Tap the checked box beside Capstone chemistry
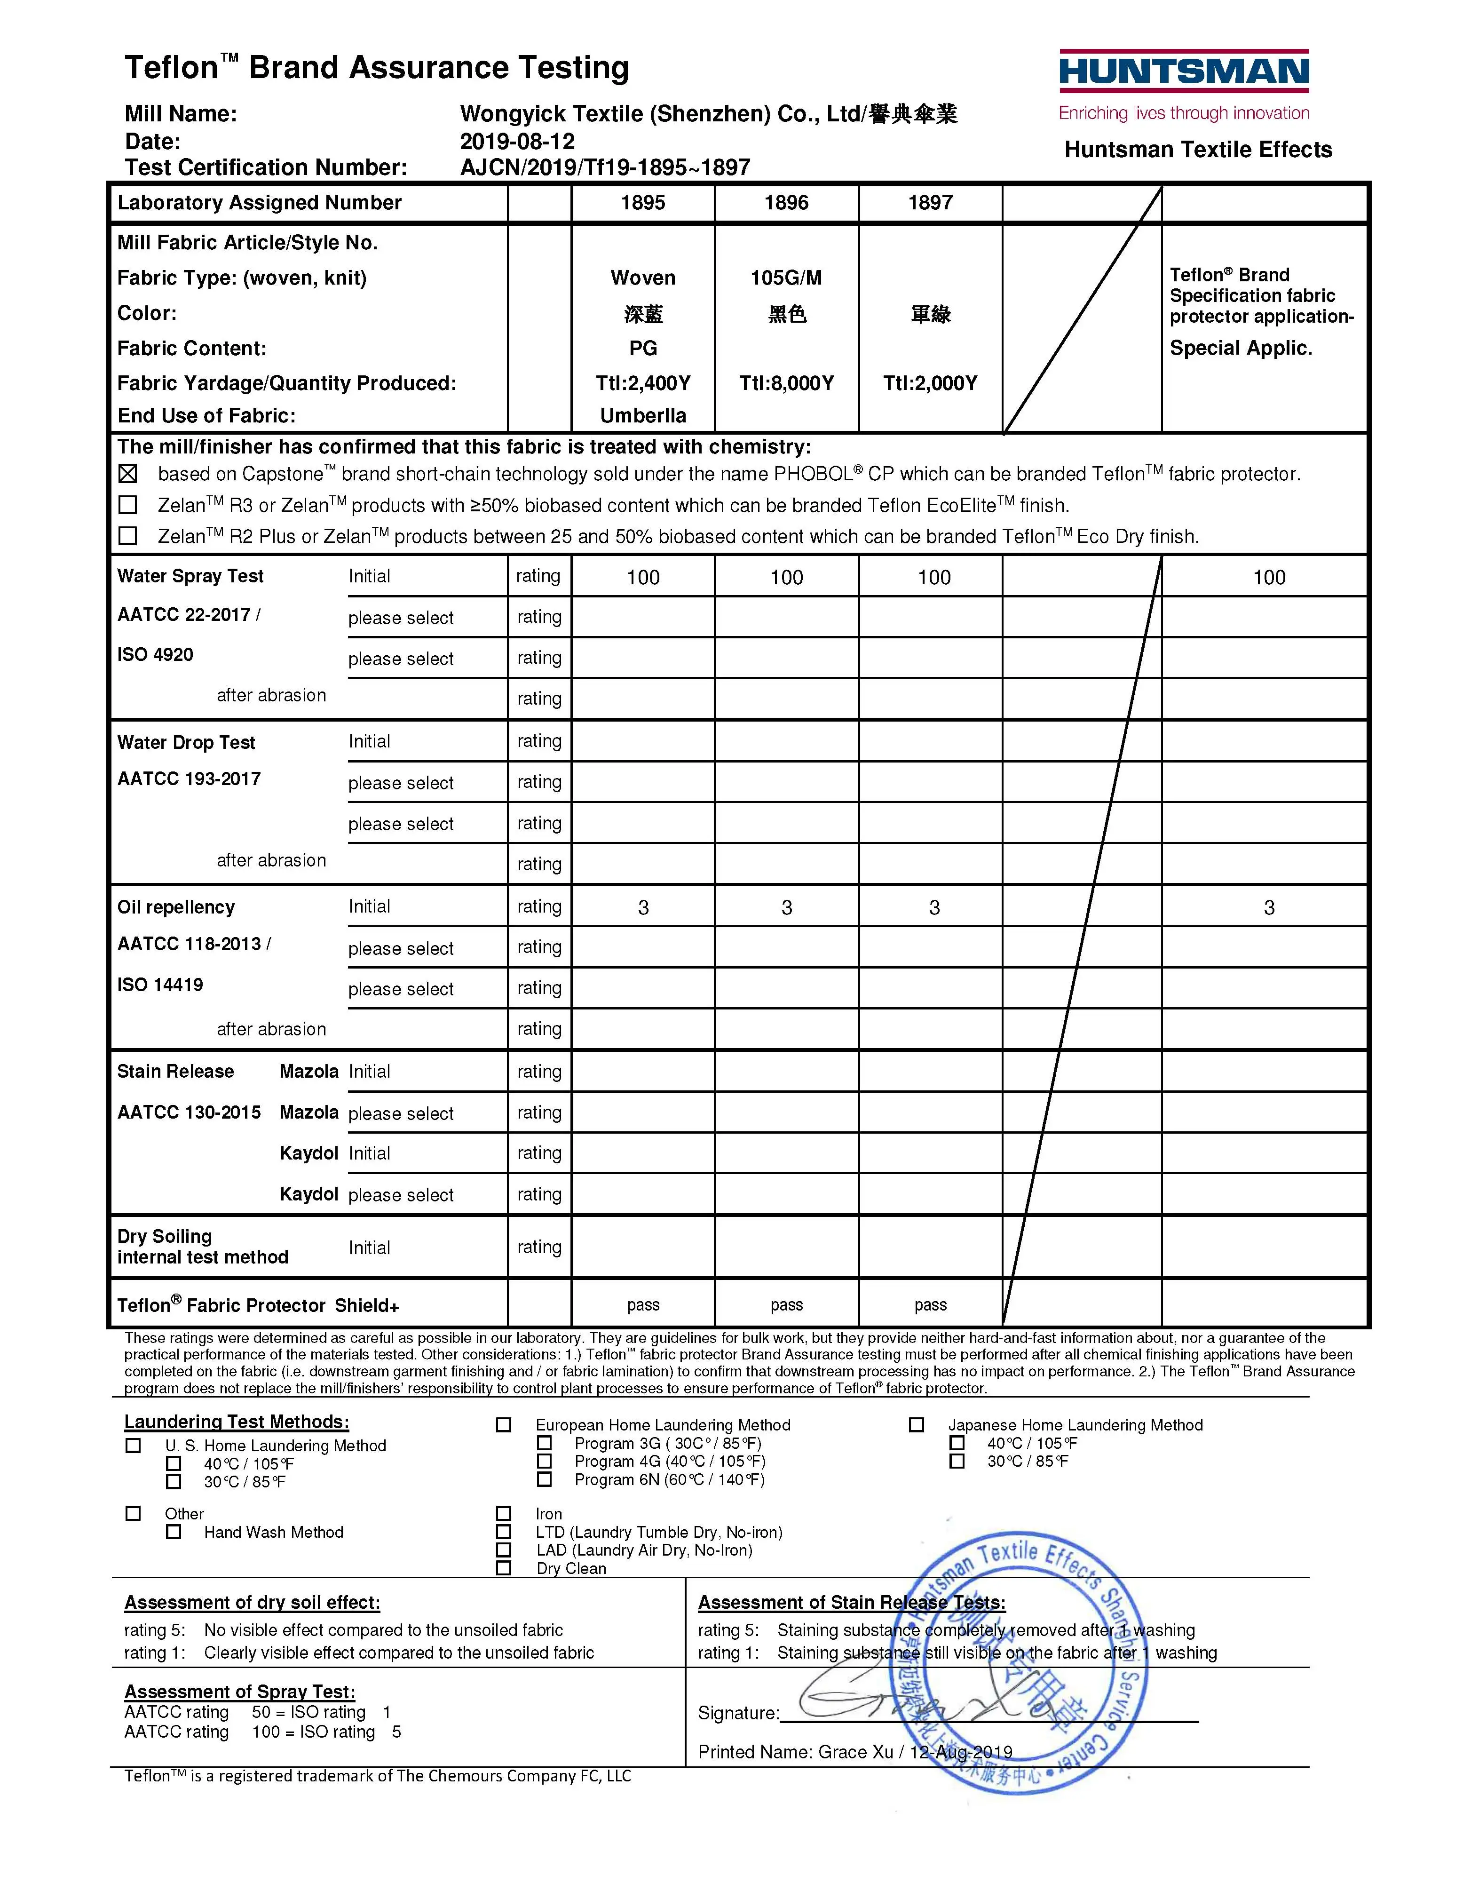tap(128, 474)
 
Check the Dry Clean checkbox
tap(503, 1568)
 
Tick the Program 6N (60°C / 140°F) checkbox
tap(544, 1479)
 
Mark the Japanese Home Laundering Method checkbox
tap(916, 1424)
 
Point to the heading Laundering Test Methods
tap(237, 1422)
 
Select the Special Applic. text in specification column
tap(1241, 349)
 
